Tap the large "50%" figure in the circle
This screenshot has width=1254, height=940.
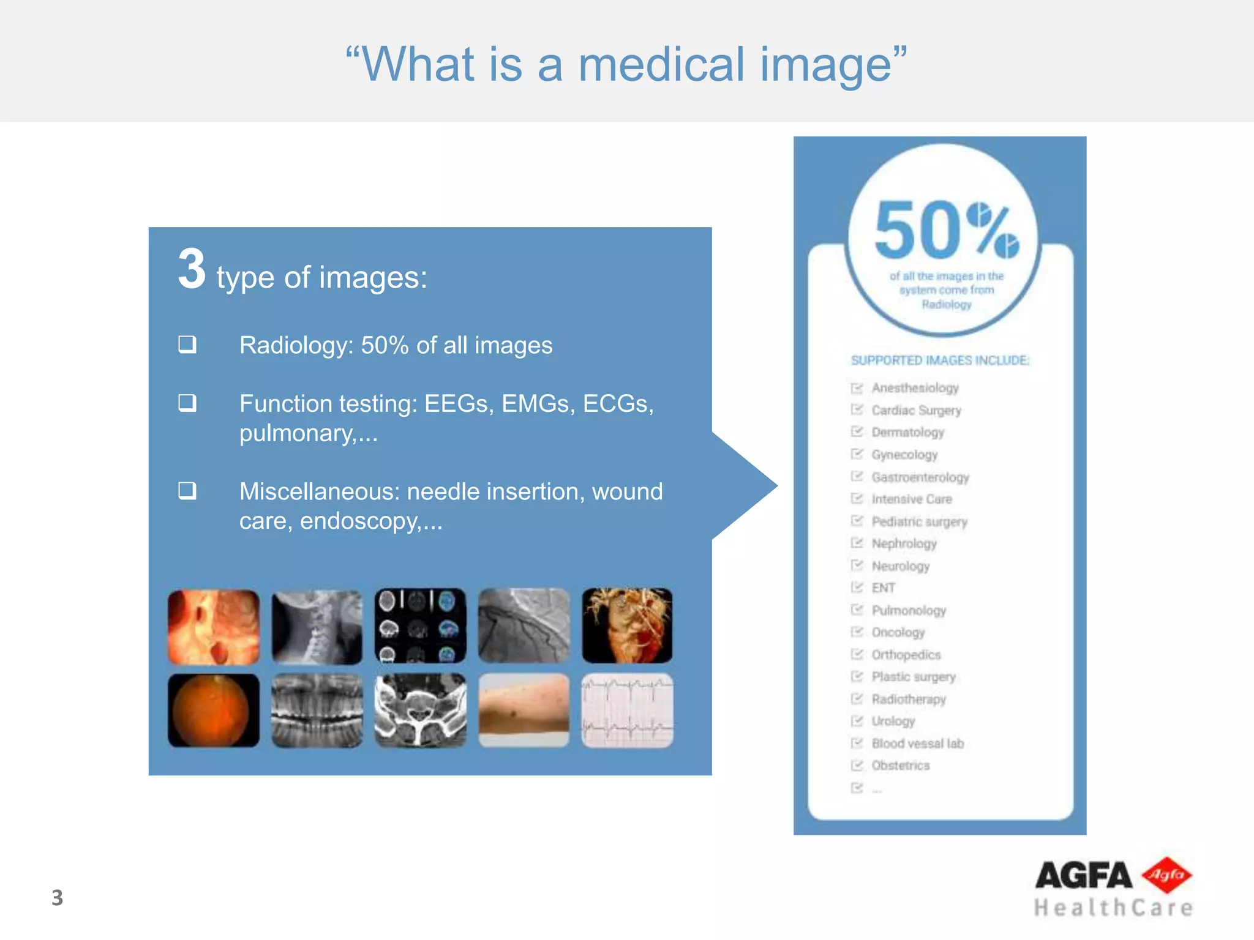coord(946,231)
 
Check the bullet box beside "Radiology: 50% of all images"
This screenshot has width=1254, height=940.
coord(187,344)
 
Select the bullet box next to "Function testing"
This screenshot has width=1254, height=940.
coord(187,403)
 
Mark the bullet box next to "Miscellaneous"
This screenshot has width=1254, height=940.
coord(187,490)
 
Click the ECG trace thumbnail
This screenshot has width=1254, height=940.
coord(627,711)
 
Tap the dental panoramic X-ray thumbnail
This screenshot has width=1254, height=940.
coord(317,711)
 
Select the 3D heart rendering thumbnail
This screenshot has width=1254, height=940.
coord(627,626)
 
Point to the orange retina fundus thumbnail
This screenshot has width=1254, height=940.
coord(213,711)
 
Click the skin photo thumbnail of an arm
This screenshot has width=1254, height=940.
coord(524,711)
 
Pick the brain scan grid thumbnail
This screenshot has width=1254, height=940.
coord(420,626)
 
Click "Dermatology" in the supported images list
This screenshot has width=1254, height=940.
coord(907,432)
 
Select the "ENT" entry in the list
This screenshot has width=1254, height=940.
coord(883,588)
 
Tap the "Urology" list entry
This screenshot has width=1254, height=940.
coord(893,721)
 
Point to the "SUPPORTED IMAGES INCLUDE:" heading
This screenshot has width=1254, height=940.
coord(940,360)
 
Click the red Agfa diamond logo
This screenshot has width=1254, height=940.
coord(1166,875)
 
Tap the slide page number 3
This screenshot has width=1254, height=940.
coord(57,898)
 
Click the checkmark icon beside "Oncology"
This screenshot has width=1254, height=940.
coord(857,632)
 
